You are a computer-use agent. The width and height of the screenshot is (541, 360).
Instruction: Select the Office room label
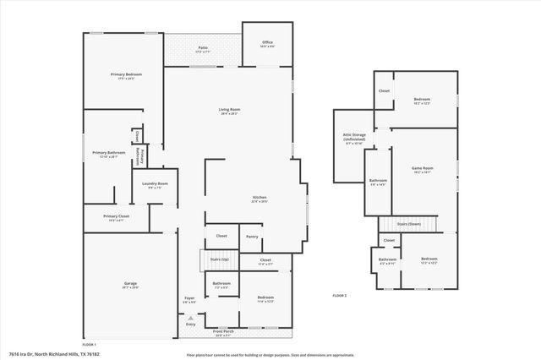click(267, 41)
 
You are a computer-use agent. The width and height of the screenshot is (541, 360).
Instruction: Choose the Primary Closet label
click(117, 216)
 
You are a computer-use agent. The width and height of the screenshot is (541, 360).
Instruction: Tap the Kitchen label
click(260, 197)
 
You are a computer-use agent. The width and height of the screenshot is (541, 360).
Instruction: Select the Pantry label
click(251, 237)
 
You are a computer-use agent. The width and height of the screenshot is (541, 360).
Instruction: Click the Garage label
click(130, 284)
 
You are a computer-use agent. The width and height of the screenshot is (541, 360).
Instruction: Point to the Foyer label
click(189, 299)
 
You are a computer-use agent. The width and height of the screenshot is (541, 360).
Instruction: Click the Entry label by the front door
click(190, 325)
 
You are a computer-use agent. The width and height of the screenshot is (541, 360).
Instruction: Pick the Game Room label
click(422, 168)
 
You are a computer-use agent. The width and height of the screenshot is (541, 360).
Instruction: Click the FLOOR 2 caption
click(340, 295)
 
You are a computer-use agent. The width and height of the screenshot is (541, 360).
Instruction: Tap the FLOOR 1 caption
click(89, 345)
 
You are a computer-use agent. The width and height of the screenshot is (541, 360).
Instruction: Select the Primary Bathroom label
click(109, 153)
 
